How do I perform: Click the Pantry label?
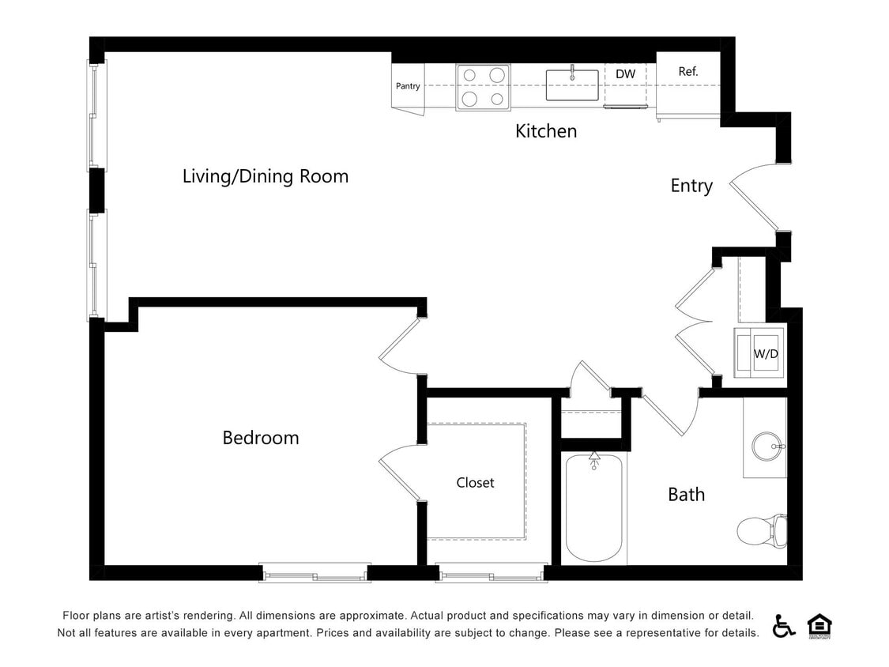click(x=408, y=86)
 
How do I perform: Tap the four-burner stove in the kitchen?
click(x=483, y=87)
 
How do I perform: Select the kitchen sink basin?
click(x=571, y=85)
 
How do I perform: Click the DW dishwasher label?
click(x=625, y=74)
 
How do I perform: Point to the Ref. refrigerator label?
click(x=688, y=72)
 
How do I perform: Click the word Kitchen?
click(x=546, y=131)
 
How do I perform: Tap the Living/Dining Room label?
click(x=265, y=176)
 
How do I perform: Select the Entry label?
click(x=691, y=186)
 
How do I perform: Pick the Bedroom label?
click(x=260, y=438)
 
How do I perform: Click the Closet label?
click(x=475, y=483)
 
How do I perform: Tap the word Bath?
click(x=686, y=495)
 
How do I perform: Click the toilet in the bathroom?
click(x=763, y=529)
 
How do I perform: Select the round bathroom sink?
click(x=766, y=447)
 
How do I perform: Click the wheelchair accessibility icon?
click(x=784, y=625)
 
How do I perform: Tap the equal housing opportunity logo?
click(x=819, y=625)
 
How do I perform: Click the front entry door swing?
click(x=755, y=198)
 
